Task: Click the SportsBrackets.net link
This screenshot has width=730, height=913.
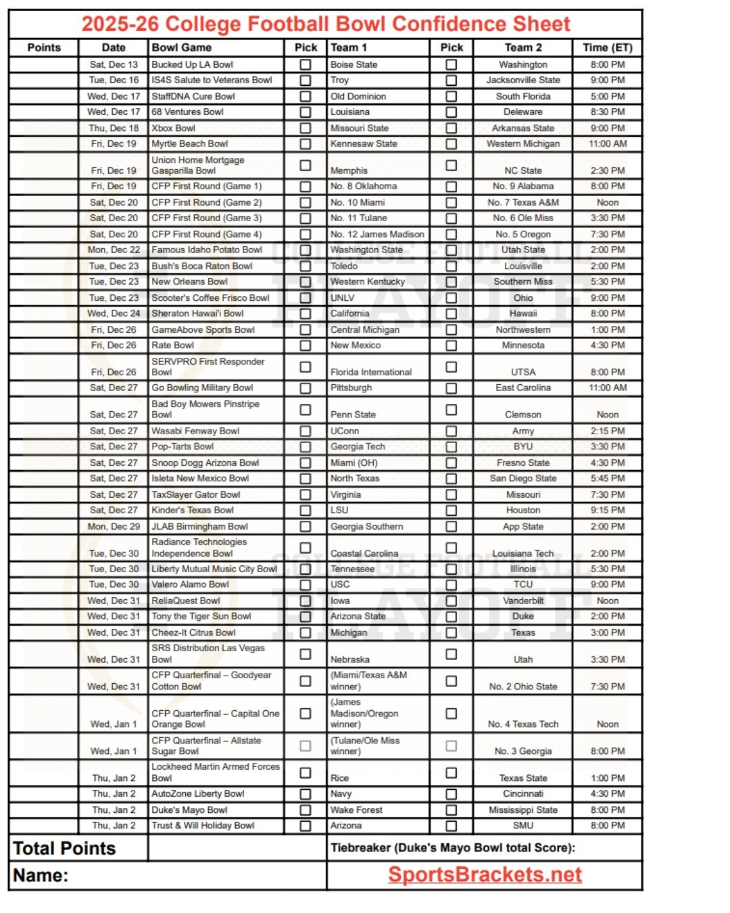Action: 485,874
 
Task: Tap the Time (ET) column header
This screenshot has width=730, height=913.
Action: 607,47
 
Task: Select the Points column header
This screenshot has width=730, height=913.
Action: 44,47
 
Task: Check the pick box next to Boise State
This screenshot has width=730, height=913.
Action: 306,65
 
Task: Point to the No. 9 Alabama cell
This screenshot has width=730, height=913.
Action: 522,186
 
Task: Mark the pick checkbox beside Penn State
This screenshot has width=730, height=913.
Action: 306,410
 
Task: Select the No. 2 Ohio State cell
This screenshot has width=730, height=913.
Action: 522,686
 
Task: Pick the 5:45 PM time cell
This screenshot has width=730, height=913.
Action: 607,478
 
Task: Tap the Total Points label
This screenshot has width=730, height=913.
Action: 64,848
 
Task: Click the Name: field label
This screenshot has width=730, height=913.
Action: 41,875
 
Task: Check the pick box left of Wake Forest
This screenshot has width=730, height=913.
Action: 306,810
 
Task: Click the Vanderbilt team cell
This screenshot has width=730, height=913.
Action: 522,601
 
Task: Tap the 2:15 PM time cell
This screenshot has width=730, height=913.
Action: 607,431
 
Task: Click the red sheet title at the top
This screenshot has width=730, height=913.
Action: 326,24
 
